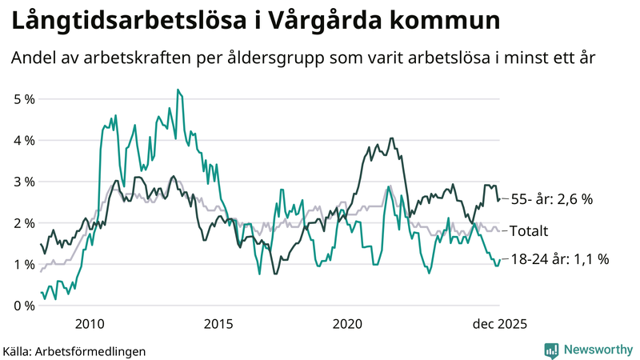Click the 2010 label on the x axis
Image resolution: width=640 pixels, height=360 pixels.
point(89,324)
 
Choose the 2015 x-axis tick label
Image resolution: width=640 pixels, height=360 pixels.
point(218,324)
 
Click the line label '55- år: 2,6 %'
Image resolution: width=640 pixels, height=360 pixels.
point(551,199)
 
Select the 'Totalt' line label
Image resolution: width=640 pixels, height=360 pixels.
point(529,231)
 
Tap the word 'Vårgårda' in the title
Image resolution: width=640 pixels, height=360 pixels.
point(321,22)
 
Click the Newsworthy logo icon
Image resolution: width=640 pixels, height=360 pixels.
point(551,350)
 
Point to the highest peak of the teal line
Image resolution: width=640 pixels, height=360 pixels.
point(178,90)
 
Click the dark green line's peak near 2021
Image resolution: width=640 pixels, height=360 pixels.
point(391,138)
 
